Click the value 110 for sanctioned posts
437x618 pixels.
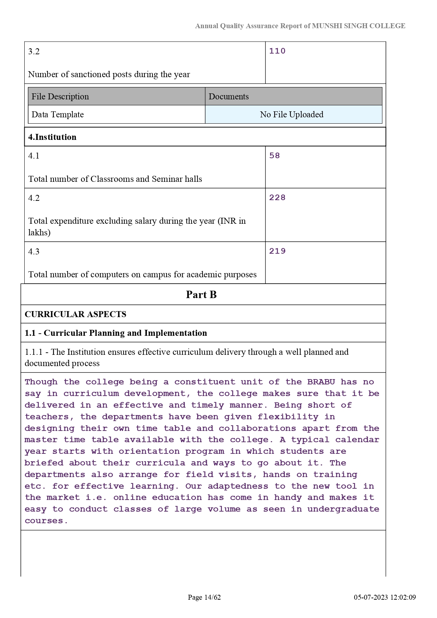277,51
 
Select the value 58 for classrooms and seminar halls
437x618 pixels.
274,156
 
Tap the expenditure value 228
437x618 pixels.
277,198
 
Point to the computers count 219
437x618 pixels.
277,251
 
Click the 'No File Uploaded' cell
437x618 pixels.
292,115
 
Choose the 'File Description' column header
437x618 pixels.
60,97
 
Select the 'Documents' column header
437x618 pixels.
229,97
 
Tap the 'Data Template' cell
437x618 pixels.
58,115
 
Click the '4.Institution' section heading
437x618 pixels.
52,137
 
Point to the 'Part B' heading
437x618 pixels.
201,295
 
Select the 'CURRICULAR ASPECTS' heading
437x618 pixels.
75,314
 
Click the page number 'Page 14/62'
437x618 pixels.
204,597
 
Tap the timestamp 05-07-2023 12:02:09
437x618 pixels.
385,597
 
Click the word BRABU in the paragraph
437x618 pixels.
321,382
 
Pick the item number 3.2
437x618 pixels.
34,51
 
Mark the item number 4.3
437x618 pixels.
34,252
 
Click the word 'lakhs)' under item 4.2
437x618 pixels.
39,233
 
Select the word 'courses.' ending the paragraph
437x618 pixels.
46,521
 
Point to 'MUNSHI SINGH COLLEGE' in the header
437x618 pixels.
358,26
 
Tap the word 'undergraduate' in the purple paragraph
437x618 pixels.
343,509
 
